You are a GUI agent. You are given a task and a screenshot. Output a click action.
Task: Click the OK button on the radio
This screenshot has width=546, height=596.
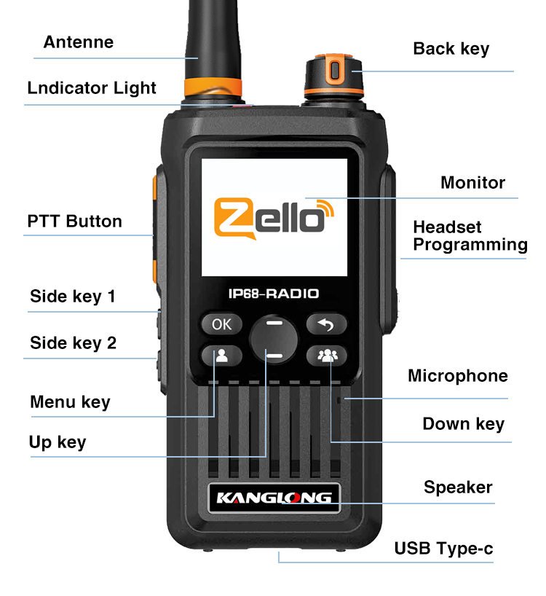click(x=221, y=324)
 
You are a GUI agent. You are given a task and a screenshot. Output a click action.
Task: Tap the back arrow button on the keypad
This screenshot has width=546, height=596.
click(x=326, y=324)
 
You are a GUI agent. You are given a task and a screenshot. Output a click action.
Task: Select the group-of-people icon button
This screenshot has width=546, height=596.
click(x=327, y=356)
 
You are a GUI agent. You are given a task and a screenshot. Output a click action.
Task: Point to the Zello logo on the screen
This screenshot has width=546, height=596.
click(x=274, y=219)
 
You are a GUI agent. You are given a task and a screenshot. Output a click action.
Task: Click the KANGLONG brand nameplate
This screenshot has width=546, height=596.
click(x=274, y=498)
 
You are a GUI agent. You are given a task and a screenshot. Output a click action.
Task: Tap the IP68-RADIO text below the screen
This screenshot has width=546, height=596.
click(x=274, y=294)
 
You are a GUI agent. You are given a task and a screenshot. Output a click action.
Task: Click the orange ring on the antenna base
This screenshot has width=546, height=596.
click(x=213, y=87)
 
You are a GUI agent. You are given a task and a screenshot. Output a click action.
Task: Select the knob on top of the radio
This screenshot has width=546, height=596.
click(x=333, y=76)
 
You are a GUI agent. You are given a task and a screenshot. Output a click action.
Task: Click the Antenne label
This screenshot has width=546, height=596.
click(x=79, y=42)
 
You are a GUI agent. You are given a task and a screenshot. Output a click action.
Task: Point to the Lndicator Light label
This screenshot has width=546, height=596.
click(x=92, y=88)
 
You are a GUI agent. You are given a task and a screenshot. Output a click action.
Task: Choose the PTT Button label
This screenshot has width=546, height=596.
click(x=74, y=221)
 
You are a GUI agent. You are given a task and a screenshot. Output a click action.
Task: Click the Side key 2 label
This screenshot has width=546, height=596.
click(x=74, y=343)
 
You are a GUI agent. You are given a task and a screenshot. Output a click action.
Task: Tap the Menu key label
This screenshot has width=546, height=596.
click(x=70, y=401)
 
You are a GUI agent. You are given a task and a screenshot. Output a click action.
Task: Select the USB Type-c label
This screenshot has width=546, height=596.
click(x=443, y=549)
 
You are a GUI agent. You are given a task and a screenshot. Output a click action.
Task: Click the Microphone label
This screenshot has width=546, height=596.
click(x=458, y=375)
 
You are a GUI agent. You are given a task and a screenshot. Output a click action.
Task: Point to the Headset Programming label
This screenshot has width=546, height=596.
click(x=470, y=235)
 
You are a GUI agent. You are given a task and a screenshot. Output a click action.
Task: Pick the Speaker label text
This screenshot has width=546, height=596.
click(x=458, y=487)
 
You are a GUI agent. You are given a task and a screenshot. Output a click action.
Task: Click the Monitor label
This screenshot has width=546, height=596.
click(x=472, y=182)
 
